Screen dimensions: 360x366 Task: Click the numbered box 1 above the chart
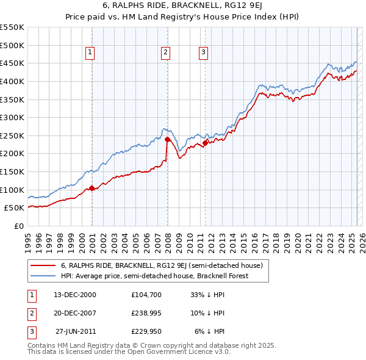(x=90, y=52)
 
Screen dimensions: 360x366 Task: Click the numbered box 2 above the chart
(x=165, y=52)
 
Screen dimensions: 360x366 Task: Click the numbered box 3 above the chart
(x=203, y=52)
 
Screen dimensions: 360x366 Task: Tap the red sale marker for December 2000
(x=91, y=188)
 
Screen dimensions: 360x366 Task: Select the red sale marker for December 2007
(x=167, y=140)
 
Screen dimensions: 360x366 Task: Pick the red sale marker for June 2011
(x=205, y=143)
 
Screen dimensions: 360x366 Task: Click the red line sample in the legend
(x=43, y=265)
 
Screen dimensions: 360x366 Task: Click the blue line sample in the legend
(x=43, y=276)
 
